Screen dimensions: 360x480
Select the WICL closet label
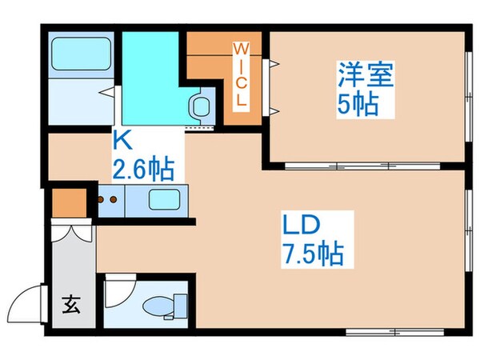click(x=240, y=78)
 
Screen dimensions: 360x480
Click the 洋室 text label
click(x=367, y=78)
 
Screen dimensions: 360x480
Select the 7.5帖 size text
click(x=312, y=254)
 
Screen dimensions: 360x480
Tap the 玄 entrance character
click(x=70, y=305)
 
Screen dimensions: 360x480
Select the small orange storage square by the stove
click(x=64, y=202)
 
